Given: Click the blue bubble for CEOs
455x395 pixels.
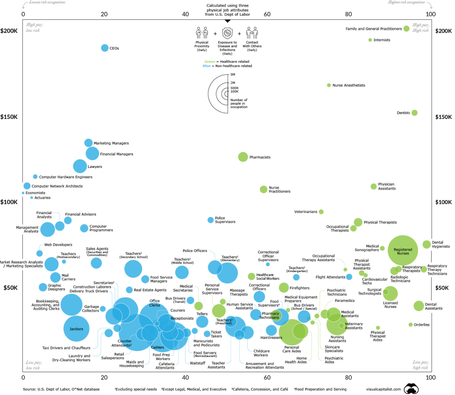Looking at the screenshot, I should (105, 48).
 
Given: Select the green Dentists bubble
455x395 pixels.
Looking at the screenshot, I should (415, 113).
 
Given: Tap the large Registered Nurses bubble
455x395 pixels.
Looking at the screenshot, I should (405, 250).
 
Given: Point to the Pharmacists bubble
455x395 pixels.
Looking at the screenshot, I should (243, 157).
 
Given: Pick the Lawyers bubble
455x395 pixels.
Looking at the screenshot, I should (80, 166).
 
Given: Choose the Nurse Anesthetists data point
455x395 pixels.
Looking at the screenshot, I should (329, 85).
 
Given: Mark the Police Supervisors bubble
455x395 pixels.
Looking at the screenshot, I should (211, 220).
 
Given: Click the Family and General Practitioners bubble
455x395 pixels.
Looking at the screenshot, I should (406, 29).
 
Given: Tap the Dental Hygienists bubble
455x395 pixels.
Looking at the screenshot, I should (427, 244).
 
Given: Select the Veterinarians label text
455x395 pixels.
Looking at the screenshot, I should (305, 211).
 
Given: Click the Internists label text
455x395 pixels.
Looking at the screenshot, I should (382, 40).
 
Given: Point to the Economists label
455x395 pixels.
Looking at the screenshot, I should (36, 193).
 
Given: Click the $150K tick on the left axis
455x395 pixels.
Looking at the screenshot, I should (9, 117).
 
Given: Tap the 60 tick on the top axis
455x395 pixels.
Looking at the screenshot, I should (267, 15).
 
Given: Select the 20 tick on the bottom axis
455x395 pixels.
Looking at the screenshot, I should (104, 378).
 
